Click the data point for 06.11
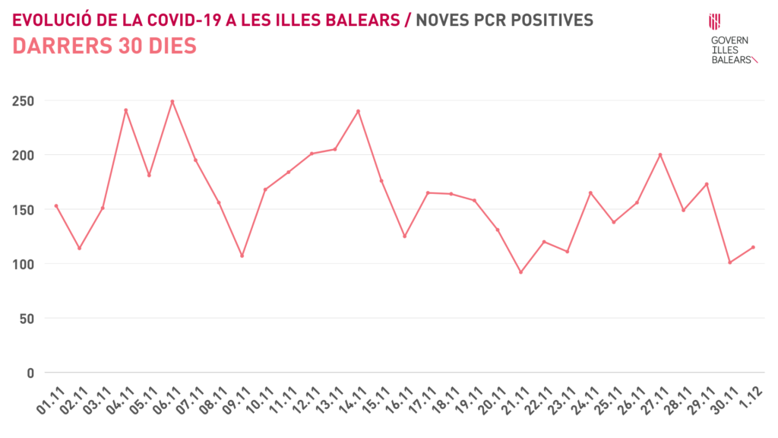172,101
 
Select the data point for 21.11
520,272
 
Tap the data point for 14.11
358,111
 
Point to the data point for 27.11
660,154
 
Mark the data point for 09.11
242,255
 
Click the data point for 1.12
753,247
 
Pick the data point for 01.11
56,205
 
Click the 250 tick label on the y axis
24,101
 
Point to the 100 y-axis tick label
24,264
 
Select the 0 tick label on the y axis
31,373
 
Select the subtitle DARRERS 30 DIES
105,46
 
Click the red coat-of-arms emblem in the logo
714,21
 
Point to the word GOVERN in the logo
729,40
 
